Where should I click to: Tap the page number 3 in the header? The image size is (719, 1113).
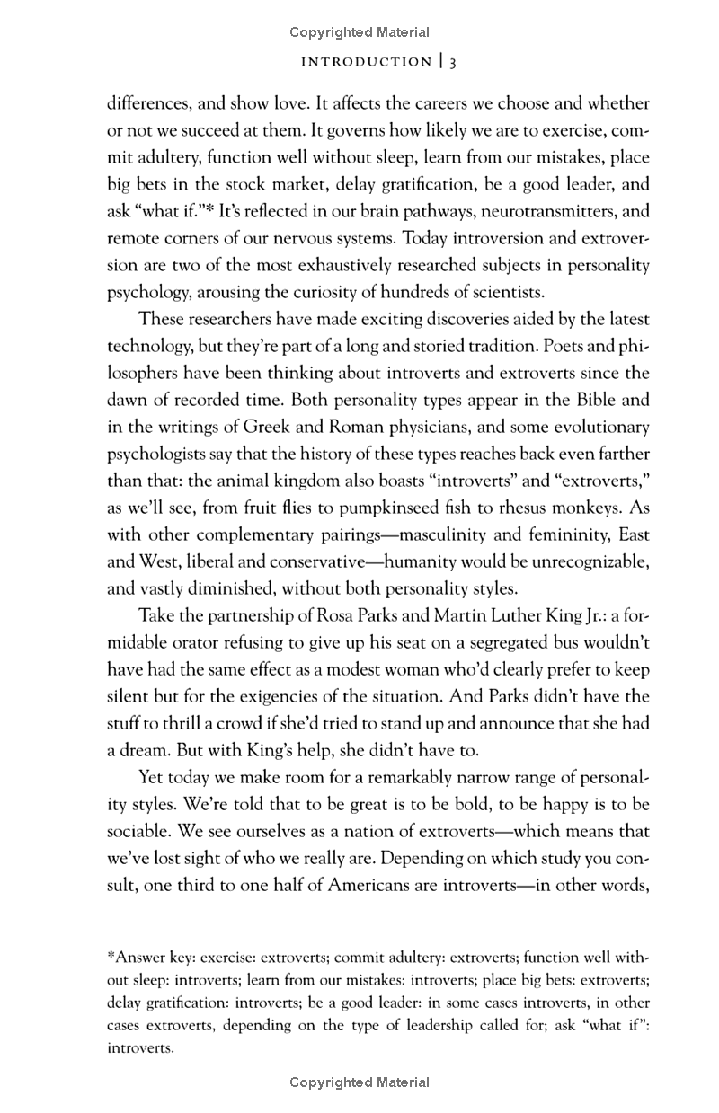point(454,62)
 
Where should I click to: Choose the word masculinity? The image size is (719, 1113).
point(435,534)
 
